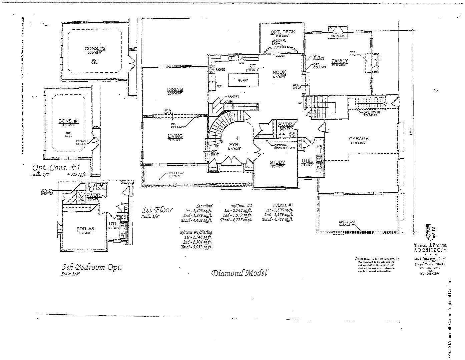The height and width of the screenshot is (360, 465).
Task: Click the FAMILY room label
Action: [340, 61]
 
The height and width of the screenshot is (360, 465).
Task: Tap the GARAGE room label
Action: [359, 139]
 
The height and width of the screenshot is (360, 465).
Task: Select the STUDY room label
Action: [278, 163]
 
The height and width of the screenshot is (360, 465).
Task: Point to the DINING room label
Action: [175, 89]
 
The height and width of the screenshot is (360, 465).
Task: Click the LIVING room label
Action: [175, 136]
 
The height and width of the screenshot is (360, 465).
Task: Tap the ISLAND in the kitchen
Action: [243, 80]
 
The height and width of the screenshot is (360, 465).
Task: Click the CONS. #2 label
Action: [95, 49]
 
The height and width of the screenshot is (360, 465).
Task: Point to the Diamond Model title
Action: [239, 273]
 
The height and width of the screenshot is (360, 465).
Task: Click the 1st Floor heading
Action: [157, 210]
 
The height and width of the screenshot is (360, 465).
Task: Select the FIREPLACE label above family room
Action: [338, 36]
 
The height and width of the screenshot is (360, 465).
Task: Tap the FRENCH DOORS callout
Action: [82, 143]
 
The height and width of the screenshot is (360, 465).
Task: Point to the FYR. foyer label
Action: [233, 144]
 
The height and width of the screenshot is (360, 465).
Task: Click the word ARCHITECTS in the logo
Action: [430, 250]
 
